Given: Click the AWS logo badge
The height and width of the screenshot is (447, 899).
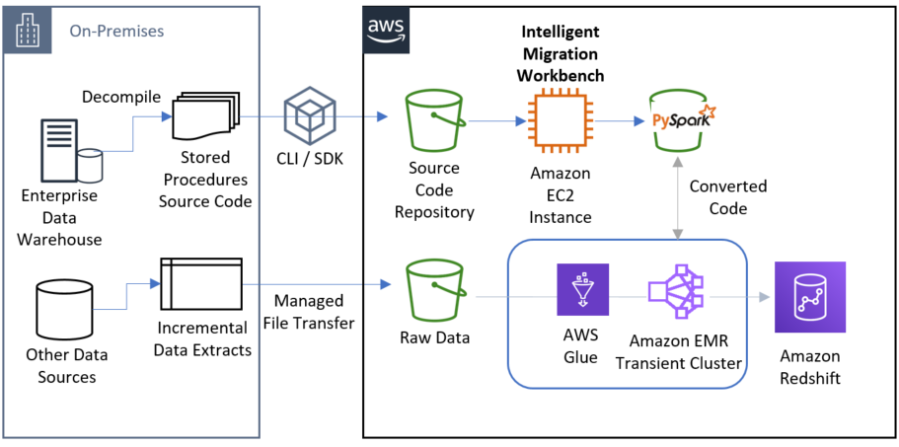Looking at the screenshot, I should click(x=385, y=27).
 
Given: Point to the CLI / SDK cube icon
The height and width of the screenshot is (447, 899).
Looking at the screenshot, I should click(x=308, y=116).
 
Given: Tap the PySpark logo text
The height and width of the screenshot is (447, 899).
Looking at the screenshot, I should click(x=680, y=121).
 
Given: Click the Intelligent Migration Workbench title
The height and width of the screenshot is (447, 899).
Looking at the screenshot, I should click(x=562, y=53).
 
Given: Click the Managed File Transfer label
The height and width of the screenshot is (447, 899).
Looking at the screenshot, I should click(x=309, y=310).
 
